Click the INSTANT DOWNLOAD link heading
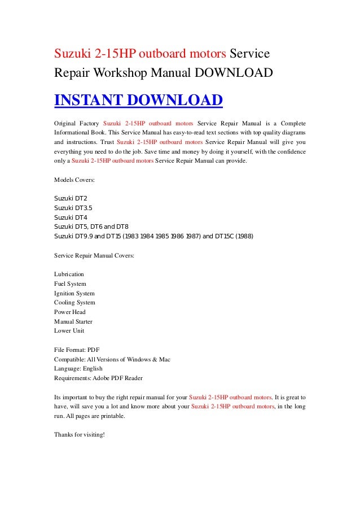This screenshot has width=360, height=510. coord(138,101)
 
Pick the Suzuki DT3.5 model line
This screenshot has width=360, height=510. coord(73,208)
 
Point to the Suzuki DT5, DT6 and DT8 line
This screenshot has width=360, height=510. coord(91,226)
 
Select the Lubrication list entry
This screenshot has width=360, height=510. coord(69,274)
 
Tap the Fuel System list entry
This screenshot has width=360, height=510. coord(70,284)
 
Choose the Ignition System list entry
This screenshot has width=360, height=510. coord(74,293)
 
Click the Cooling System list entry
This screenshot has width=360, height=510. coord(74,302)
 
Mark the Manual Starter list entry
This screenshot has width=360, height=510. coord(73,321)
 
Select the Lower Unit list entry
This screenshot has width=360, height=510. coord(69,330)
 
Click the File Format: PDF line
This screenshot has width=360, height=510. coord(77,350)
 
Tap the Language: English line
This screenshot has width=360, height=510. coord(78,368)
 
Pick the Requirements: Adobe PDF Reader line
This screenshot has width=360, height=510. coord(98,378)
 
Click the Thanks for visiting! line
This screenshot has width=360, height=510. coord(79,434)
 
